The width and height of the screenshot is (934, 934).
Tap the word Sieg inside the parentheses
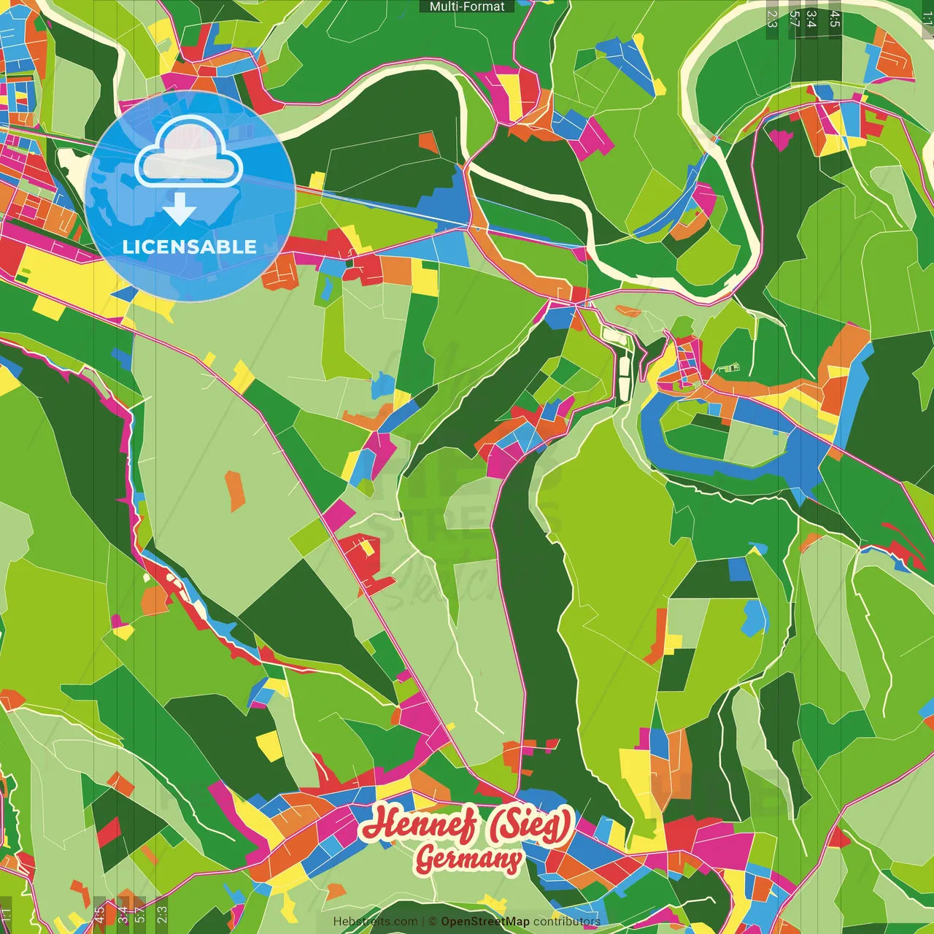tap(530, 825)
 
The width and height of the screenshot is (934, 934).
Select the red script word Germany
tap(468, 859)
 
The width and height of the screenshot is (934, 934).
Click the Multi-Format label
tap(467, 7)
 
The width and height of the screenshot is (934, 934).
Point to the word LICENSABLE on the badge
tap(190, 247)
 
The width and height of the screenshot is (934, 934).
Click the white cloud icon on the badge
tap(189, 155)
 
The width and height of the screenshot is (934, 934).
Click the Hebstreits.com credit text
tap(375, 922)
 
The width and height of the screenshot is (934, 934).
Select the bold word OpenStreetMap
tap(485, 922)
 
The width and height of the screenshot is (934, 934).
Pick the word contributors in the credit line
tap(567, 922)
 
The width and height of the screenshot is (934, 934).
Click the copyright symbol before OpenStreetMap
tap(432, 922)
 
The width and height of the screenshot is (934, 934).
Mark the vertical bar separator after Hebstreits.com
tap(422, 922)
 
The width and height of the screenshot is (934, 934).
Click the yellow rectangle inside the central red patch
tap(367, 547)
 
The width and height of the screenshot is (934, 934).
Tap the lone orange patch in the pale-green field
tap(234, 490)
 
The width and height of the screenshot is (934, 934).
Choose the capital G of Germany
tap(425, 860)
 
